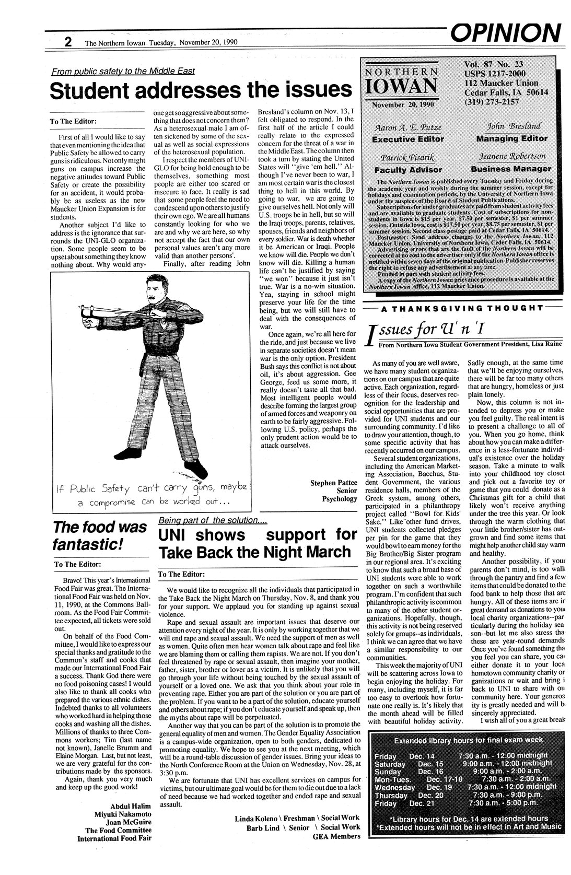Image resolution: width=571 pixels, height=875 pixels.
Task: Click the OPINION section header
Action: pos(504,32)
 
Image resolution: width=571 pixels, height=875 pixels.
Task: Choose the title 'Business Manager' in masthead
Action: pos(511,169)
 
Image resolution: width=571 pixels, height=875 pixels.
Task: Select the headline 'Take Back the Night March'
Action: pos(254,552)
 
